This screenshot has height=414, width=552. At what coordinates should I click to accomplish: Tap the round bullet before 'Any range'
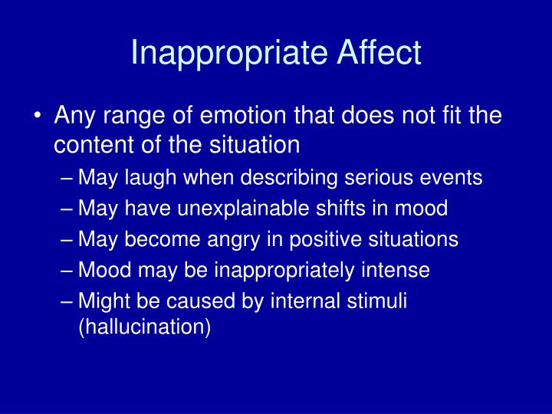pyautogui.click(x=38, y=117)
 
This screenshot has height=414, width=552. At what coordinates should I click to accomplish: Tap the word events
pyautogui.click(x=456, y=178)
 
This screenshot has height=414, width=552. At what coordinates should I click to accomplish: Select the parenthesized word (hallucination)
pyautogui.click(x=143, y=327)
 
